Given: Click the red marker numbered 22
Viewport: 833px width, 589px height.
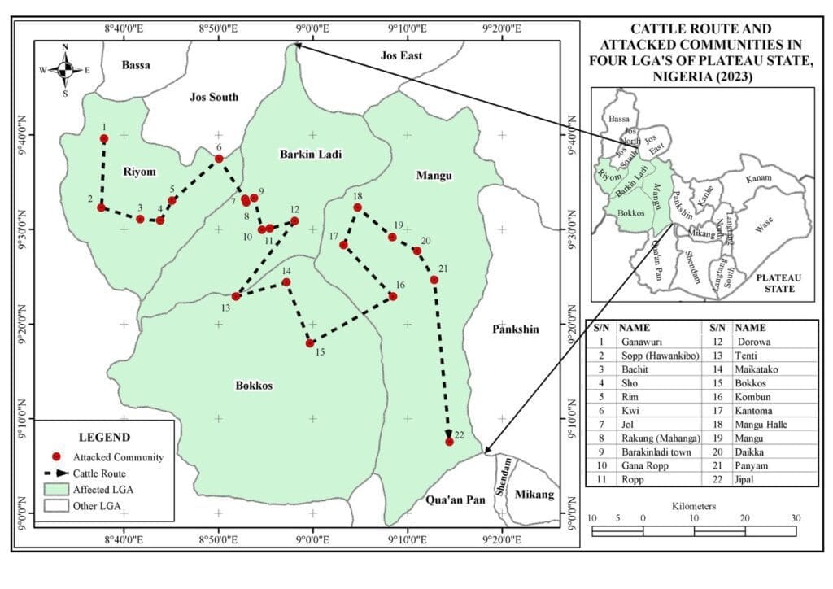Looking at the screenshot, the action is pos(449,441).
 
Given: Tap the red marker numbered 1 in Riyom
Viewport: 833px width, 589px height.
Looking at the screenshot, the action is pos(104,139).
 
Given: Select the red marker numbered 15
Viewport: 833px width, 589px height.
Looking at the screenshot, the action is pos(310,343).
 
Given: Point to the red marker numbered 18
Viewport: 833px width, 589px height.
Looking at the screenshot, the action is pos(357,208).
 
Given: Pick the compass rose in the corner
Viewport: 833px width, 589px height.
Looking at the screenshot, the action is pos(66,69).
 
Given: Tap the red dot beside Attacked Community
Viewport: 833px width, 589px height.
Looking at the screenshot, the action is pos(56,457).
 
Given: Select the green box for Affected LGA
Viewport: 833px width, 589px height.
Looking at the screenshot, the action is pos(56,490).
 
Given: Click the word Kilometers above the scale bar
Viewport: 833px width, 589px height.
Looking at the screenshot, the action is pos(694,506).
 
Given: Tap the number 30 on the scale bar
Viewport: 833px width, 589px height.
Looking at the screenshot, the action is pos(796,518).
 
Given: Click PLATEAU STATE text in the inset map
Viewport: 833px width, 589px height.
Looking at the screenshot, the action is pos(777,282).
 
